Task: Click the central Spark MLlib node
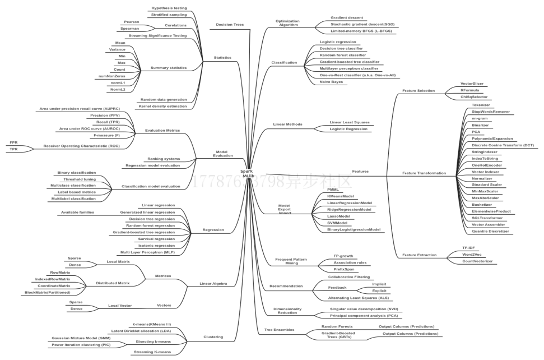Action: [248, 173]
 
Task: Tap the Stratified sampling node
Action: [169, 16]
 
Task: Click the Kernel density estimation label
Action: [162, 106]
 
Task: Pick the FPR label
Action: [14, 142]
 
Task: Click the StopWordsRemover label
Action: [491, 112]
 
